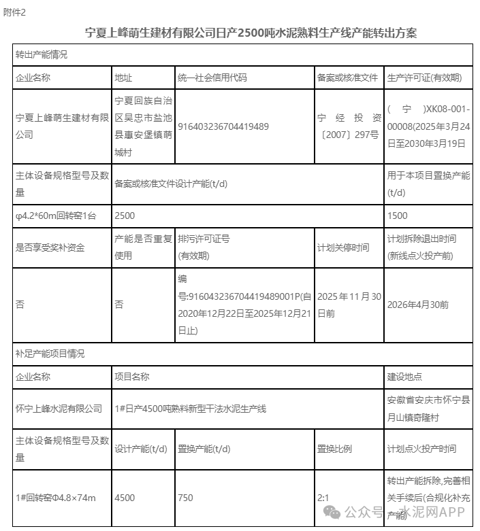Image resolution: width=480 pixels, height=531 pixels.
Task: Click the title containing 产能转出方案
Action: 251,33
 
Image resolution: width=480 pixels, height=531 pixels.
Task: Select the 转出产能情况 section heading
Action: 42,54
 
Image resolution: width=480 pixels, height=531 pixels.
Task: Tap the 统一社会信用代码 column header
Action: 212,78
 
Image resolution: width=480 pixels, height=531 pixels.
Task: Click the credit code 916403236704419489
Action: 223,126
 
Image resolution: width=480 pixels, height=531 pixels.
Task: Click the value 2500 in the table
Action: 125,216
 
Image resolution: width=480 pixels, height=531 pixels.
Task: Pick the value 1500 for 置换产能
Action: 397,216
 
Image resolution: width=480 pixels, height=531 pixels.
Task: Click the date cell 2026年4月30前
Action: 417,305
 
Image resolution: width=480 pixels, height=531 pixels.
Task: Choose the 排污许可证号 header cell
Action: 204,239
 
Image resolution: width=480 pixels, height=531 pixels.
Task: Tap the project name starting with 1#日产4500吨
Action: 191,409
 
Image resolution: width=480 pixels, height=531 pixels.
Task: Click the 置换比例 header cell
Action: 334,449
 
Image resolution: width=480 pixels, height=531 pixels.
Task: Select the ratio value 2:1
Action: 323,498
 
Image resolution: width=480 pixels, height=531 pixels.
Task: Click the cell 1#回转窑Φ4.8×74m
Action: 56,498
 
